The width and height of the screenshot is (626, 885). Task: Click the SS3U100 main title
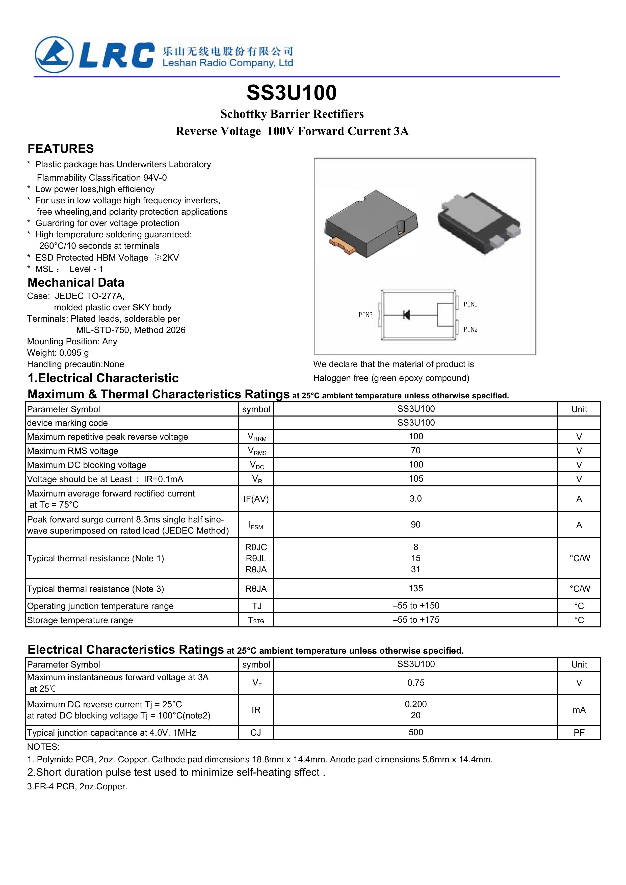(x=292, y=93)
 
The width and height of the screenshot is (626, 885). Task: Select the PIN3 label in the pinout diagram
(x=365, y=315)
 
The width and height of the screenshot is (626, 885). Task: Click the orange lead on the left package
(x=343, y=245)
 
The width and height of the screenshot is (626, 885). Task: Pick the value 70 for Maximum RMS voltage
(x=415, y=450)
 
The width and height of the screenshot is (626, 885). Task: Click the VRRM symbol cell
(x=256, y=437)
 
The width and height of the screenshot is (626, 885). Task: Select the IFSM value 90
(x=415, y=524)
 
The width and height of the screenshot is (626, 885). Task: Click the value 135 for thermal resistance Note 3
(x=416, y=588)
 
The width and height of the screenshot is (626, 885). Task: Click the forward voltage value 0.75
(x=416, y=683)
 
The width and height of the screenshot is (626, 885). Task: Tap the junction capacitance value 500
(x=416, y=732)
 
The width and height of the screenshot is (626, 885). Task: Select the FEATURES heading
(x=61, y=149)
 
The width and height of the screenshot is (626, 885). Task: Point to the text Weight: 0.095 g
(x=58, y=353)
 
